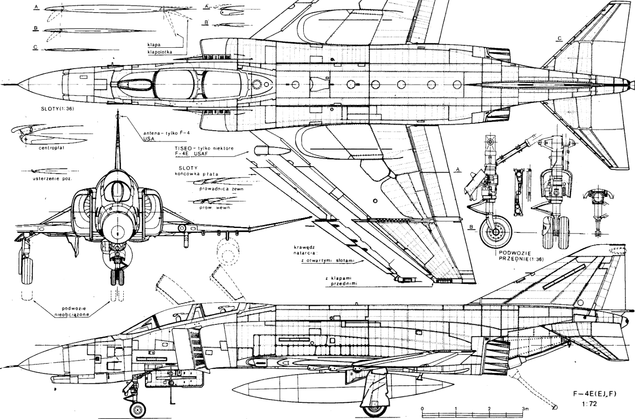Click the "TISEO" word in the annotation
click(185, 148)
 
